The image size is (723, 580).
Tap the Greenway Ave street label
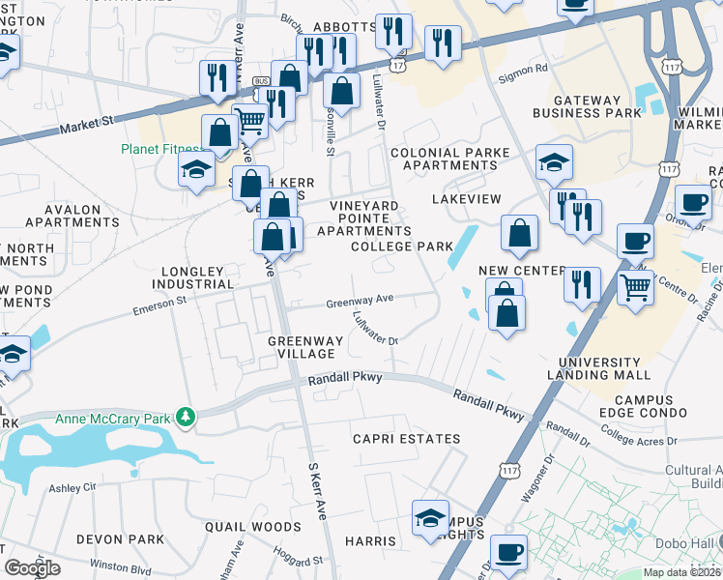[360, 302]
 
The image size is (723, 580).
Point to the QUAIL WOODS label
[253, 527]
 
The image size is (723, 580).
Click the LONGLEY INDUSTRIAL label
[192, 277]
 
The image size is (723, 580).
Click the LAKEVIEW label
[466, 198]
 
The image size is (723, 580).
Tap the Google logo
[32, 567]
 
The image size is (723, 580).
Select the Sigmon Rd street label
[523, 69]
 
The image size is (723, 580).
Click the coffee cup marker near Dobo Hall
[508, 553]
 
